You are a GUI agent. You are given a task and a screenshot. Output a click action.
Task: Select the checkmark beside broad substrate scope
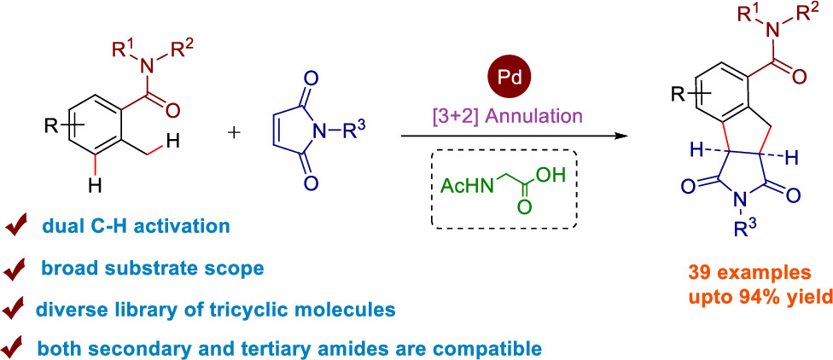point(18,269)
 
